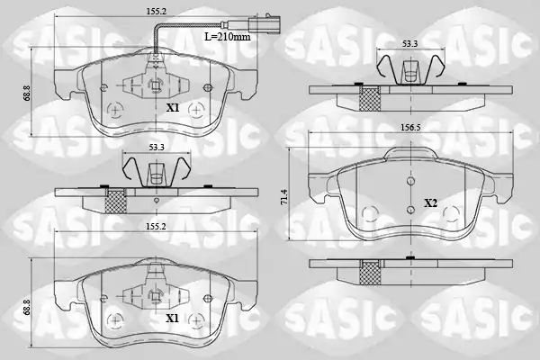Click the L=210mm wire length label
pos(228,36)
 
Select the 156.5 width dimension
pos(410,127)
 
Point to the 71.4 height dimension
pos(284,197)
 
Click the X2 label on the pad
pos(430,203)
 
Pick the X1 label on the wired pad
pos(173,108)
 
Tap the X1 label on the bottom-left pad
pos(173,319)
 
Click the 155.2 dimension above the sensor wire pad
pos(156,12)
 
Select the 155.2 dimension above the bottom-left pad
pos(156,226)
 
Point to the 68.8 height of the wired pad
pos(27,93)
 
